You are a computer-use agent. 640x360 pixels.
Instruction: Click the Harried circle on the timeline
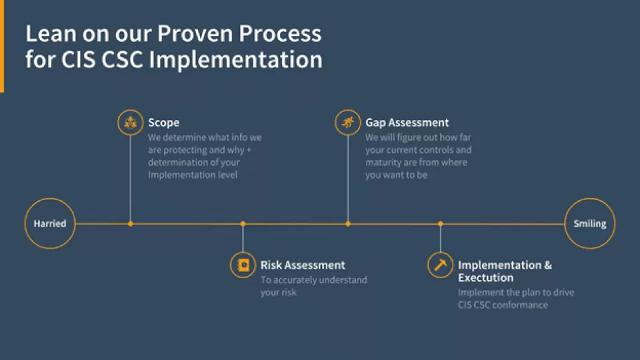(x=50, y=224)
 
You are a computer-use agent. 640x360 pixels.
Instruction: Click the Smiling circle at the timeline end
(x=590, y=224)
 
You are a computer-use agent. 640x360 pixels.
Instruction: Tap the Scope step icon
(x=131, y=123)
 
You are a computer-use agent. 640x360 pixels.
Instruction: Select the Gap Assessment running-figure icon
(x=347, y=123)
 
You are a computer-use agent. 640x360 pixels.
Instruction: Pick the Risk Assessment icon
(x=243, y=265)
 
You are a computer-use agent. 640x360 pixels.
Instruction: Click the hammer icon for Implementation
(x=440, y=265)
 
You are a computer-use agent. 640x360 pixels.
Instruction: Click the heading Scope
(x=163, y=123)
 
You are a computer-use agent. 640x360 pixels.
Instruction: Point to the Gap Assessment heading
(x=407, y=123)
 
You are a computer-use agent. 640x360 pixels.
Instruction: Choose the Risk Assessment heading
(x=303, y=265)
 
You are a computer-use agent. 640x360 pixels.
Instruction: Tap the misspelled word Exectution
(x=485, y=277)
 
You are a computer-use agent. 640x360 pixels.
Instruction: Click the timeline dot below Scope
(x=131, y=224)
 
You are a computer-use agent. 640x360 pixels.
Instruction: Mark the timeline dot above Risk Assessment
(x=243, y=224)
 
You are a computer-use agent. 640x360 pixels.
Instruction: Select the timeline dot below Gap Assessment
(x=347, y=224)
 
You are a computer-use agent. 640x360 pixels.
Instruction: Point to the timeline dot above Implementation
(x=440, y=224)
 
